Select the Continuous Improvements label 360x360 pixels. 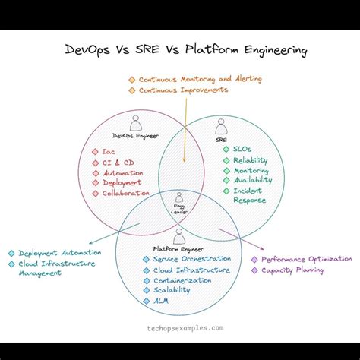[x=182, y=90]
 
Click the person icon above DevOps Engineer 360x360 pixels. [x=137, y=122]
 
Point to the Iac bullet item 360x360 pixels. [x=109, y=151]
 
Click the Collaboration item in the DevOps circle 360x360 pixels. [x=125, y=193]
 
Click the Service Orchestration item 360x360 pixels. [x=185, y=259]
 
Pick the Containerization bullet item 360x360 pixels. [x=182, y=280]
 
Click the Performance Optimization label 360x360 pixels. [x=306, y=259]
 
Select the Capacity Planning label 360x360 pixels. [x=292, y=270]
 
